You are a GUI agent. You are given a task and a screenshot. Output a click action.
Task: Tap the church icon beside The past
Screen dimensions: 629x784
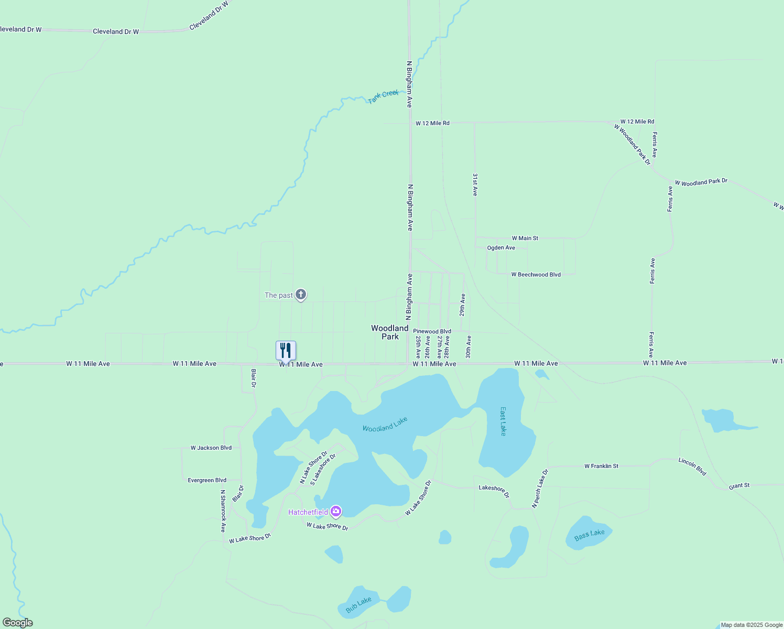(x=301, y=295)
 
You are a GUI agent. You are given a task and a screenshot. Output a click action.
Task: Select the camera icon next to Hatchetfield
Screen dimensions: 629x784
(x=336, y=512)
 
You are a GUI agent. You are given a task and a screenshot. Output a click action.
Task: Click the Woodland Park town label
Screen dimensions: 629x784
(x=390, y=332)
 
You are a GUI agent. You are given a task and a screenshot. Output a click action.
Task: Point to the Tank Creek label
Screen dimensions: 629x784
(x=383, y=96)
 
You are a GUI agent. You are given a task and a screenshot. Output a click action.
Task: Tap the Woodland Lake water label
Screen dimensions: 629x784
(x=385, y=425)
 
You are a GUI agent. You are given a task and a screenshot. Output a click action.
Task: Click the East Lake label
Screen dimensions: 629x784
(x=503, y=421)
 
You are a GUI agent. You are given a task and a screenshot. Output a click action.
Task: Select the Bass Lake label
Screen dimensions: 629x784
(x=589, y=535)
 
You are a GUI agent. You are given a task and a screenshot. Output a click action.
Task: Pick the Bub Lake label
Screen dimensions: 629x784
(x=358, y=604)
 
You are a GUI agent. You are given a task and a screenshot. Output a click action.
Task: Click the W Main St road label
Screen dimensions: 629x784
(x=525, y=238)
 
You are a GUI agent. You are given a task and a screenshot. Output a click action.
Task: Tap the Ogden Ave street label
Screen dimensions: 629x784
(x=501, y=247)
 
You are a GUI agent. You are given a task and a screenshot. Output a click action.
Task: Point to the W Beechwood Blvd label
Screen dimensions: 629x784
(x=536, y=275)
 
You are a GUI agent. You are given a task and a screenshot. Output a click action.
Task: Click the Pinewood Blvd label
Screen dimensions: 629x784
(x=432, y=331)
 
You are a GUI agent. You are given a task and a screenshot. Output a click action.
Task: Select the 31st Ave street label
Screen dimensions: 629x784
(x=475, y=185)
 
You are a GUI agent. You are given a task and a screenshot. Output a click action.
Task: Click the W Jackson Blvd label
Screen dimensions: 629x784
(x=211, y=448)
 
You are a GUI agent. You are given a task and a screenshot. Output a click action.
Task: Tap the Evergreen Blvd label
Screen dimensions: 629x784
(x=207, y=480)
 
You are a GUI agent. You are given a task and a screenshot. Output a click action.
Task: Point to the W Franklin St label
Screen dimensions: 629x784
(x=601, y=466)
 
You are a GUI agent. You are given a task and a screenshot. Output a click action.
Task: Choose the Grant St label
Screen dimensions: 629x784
(x=739, y=486)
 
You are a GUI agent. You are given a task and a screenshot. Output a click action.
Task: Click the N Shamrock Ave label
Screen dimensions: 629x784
(x=223, y=511)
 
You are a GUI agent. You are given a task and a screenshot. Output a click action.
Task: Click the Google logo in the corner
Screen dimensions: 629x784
(x=17, y=623)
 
